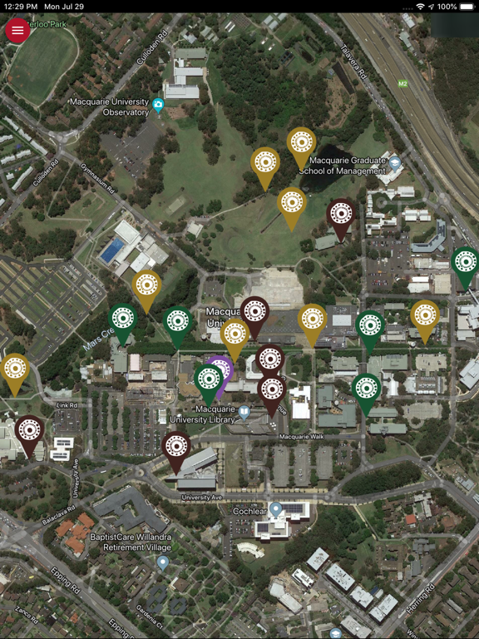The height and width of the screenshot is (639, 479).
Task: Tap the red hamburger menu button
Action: click(x=17, y=30)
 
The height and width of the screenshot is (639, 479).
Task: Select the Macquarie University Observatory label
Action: click(x=109, y=106)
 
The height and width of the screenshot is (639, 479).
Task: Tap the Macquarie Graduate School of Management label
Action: click(x=343, y=165)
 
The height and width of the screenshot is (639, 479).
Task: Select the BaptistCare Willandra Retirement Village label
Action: click(x=120, y=542)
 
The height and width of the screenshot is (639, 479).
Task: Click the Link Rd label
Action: click(x=67, y=405)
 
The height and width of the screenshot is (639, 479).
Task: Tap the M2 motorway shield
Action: click(x=402, y=83)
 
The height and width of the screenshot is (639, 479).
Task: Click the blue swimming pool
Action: click(x=111, y=250)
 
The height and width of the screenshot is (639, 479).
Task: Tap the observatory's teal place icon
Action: click(x=158, y=104)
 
